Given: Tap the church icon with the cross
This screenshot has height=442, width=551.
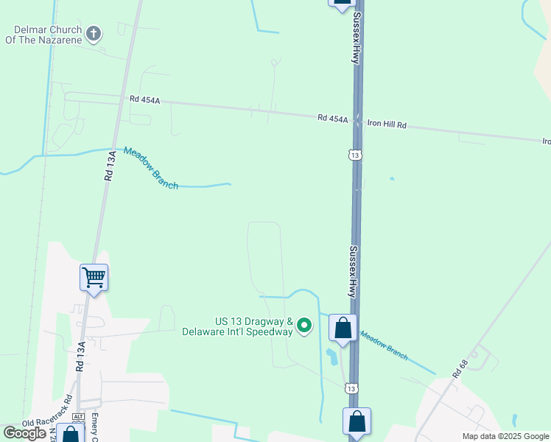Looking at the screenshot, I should tap(94, 33).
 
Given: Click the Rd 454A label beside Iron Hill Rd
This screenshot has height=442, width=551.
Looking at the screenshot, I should tap(332, 118).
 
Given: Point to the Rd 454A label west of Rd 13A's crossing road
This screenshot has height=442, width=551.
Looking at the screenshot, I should tap(144, 99).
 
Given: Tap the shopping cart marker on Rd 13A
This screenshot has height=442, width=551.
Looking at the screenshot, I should tap(94, 278).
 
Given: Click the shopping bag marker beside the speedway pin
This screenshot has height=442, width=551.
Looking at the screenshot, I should tap(343, 327).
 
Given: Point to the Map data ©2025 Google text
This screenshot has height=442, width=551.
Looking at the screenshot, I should tap(505, 436).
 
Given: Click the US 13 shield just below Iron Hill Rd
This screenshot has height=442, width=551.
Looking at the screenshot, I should tap(355, 155).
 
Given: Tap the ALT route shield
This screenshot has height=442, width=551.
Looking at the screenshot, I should tap(79, 417).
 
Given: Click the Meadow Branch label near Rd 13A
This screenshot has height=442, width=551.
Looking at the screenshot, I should tap(151, 168).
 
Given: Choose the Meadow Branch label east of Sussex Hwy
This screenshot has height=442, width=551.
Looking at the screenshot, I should tap(384, 345).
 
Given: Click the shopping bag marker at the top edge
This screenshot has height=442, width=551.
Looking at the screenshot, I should tap(342, 3).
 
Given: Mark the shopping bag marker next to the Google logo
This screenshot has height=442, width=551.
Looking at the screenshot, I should tap(71, 434).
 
